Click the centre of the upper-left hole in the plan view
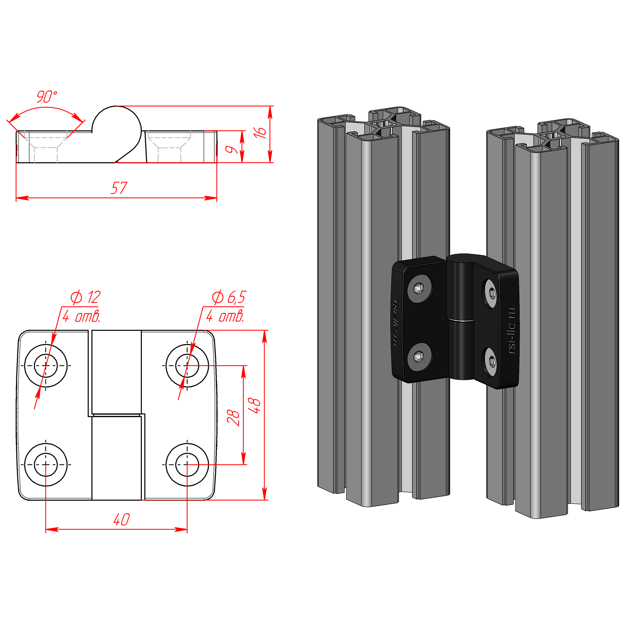click(45, 366)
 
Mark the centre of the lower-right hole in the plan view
click(187, 464)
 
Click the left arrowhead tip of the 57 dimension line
click(16, 198)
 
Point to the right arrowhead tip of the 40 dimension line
click(187, 529)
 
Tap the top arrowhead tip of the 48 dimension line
click(264, 330)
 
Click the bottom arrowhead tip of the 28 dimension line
click(243, 464)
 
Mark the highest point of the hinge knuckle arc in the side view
click(116, 106)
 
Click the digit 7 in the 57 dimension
click(122, 188)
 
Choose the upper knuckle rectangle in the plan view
click(116, 372)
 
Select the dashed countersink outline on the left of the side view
click(45, 146)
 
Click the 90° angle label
click(46, 97)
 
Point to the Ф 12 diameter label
click(86, 297)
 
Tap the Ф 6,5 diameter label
click(228, 297)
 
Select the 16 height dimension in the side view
click(260, 132)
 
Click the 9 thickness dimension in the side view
click(232, 149)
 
